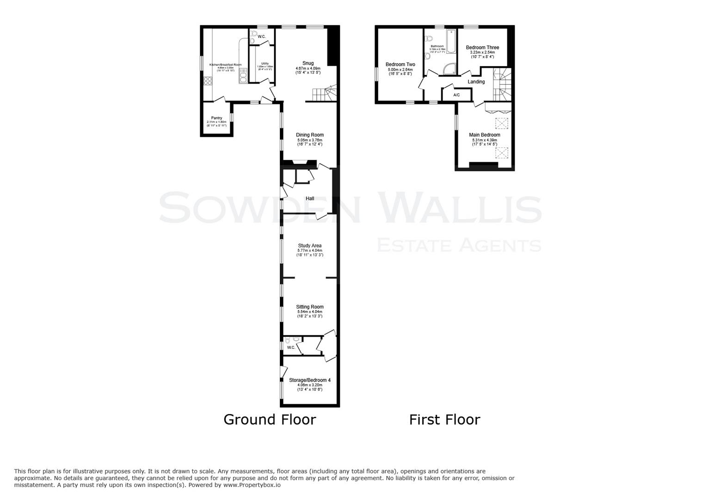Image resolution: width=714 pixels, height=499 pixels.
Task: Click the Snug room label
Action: [x=308, y=63]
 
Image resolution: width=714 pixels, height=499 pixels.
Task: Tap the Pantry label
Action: [x=216, y=118]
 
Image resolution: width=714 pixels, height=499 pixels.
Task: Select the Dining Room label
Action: [x=310, y=135]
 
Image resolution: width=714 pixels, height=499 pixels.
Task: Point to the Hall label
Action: [x=310, y=199]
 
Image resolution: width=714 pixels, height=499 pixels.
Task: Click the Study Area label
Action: [x=310, y=246]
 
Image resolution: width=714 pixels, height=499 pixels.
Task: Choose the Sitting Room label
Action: [x=310, y=307]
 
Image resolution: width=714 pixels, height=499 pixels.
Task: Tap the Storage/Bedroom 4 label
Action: [x=310, y=380]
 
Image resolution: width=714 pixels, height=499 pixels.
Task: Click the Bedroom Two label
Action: [x=400, y=65]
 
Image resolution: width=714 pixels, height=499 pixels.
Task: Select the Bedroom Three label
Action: [x=482, y=48]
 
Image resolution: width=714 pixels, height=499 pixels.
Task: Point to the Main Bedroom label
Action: [x=484, y=135]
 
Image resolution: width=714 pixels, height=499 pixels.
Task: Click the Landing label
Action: [x=476, y=82]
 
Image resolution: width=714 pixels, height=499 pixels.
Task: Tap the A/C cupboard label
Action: [x=456, y=95]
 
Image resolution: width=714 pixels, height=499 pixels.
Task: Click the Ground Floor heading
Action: [x=270, y=420]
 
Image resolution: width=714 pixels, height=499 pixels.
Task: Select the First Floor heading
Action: [x=444, y=420]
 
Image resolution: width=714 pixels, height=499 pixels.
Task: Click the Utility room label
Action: [x=265, y=64]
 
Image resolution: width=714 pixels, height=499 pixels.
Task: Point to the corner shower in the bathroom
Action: [x=449, y=69]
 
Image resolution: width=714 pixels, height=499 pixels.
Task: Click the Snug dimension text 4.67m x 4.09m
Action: [x=308, y=68]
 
